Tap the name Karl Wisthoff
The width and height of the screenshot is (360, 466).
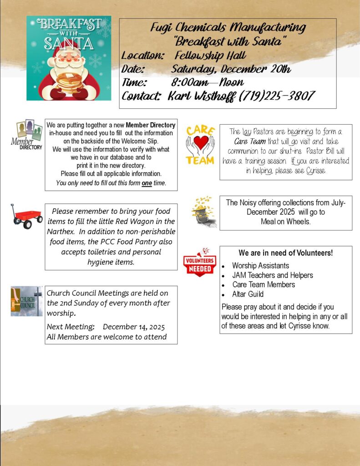[x=202, y=96]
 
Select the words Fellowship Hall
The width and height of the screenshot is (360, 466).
[x=210, y=56]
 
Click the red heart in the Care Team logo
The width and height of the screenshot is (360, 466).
[x=200, y=142]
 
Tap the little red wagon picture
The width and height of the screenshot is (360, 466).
[x=26, y=216]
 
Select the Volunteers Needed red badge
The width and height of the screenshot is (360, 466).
[x=199, y=263]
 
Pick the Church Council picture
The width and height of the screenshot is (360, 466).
[x=26, y=301]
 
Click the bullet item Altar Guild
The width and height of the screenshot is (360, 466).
[x=248, y=294]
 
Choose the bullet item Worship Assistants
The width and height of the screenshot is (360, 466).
[x=260, y=265]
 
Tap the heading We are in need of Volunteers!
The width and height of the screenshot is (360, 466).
[x=285, y=253]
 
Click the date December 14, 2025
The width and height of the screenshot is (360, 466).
[x=134, y=327]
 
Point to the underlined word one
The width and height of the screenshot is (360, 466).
[x=147, y=183]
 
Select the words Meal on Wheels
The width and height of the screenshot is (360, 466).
[x=285, y=222]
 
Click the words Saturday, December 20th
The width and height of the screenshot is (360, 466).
[x=231, y=70]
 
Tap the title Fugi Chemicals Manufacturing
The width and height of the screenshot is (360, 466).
[x=228, y=27]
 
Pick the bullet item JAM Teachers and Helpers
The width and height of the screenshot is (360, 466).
[x=272, y=275]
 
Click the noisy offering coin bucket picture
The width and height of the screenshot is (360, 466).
[x=203, y=212]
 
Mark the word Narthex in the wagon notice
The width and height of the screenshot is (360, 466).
[x=62, y=231]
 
